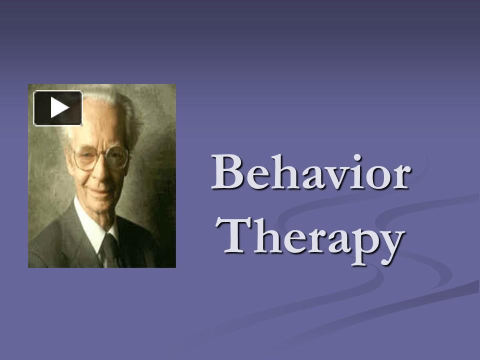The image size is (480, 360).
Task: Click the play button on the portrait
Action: tap(57, 107)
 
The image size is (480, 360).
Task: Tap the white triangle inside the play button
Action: tap(59, 107)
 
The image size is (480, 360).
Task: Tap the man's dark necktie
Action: tap(109, 250)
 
